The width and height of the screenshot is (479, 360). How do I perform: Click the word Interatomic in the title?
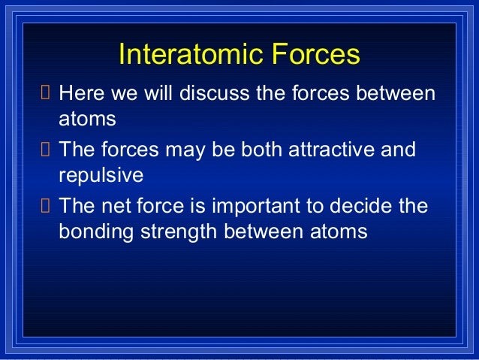click(191, 54)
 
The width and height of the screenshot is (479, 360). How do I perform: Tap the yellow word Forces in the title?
click(316, 54)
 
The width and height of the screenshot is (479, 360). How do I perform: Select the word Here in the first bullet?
click(82, 92)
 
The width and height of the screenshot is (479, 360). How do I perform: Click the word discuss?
click(215, 92)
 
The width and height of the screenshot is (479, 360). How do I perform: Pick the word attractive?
click(331, 150)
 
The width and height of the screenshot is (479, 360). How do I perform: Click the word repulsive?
click(101, 175)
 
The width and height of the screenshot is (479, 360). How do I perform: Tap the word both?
click(261, 150)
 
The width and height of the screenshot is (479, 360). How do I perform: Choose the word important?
click(256, 206)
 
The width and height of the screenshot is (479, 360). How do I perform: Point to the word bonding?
click(96, 231)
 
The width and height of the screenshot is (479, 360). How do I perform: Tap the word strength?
click(179, 231)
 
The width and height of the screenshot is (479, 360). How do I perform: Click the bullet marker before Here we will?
click(45, 92)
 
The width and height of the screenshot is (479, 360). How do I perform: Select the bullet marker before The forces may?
click(45, 149)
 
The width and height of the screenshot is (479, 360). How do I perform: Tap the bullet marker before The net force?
click(45, 205)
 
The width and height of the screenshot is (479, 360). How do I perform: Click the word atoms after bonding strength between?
click(339, 231)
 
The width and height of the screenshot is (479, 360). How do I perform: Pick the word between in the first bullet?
click(396, 92)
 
